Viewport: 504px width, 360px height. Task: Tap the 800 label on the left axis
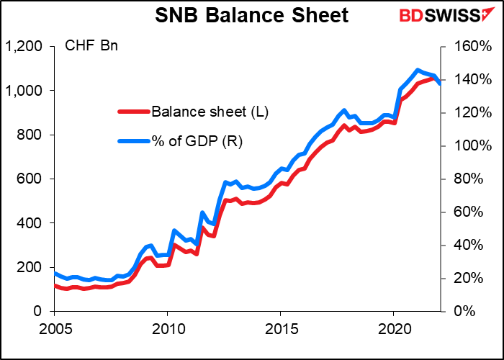(x=31, y=135)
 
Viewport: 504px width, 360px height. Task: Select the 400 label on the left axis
(x=31, y=223)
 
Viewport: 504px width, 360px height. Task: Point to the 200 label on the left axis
(x=31, y=267)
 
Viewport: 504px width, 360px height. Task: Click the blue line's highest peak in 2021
(x=418, y=70)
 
